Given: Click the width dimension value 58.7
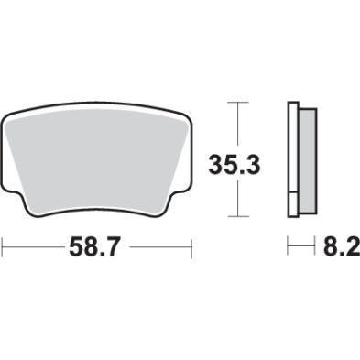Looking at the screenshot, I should [96, 247].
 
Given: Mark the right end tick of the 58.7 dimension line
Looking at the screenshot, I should [191, 247].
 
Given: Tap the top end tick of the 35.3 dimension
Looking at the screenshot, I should [239, 102].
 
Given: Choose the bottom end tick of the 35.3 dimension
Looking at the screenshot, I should [239, 216].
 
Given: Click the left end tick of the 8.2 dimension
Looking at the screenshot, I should [289, 247].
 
